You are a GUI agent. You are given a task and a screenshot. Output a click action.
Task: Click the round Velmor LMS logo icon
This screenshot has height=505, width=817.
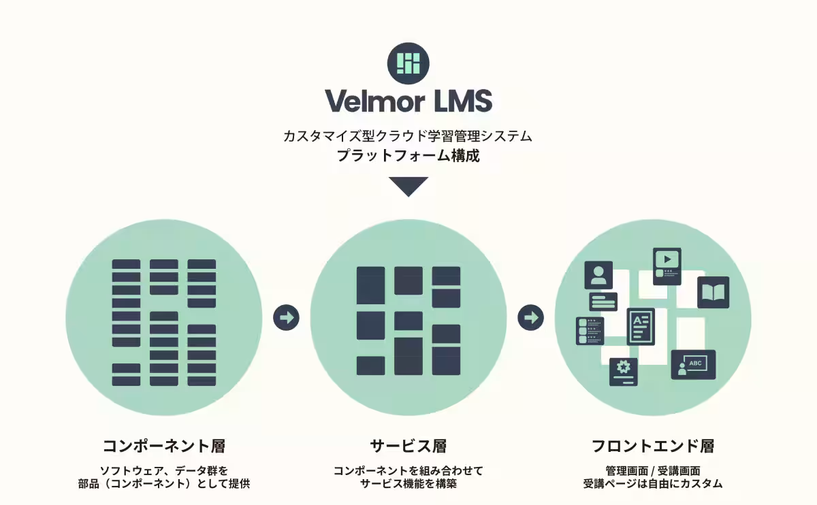408,63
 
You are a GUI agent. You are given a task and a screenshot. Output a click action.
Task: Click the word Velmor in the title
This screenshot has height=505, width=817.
374,101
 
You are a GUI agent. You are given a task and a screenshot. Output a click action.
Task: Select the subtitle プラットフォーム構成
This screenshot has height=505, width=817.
408,155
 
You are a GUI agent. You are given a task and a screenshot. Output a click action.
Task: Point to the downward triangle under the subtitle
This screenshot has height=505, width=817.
408,186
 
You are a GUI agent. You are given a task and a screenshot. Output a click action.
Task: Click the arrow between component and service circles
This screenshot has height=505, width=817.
286,317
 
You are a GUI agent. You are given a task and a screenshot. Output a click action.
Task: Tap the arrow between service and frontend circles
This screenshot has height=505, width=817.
530,317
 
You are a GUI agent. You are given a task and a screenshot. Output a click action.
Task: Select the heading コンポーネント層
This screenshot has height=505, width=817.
163,446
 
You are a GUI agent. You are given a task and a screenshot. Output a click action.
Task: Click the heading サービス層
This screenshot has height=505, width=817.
408,446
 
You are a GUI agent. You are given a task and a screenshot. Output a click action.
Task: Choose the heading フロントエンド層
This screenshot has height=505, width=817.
653,446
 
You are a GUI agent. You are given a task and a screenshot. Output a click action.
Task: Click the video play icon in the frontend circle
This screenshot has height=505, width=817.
667,261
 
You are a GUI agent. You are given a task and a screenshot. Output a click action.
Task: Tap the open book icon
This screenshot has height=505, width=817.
713,293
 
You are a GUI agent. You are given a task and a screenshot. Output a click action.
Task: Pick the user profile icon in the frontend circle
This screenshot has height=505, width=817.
598,275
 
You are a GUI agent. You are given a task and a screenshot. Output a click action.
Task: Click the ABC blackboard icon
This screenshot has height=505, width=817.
693,365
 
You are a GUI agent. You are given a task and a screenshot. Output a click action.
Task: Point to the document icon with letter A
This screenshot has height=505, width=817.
640,326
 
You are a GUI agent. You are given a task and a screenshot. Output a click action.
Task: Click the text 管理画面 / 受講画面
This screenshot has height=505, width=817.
653,470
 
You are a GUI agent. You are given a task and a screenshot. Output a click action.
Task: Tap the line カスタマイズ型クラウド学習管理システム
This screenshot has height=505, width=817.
408,136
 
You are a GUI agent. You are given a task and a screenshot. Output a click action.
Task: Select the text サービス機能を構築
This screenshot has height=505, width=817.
408,484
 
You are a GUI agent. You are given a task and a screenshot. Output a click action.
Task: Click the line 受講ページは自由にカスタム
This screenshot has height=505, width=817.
653,484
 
